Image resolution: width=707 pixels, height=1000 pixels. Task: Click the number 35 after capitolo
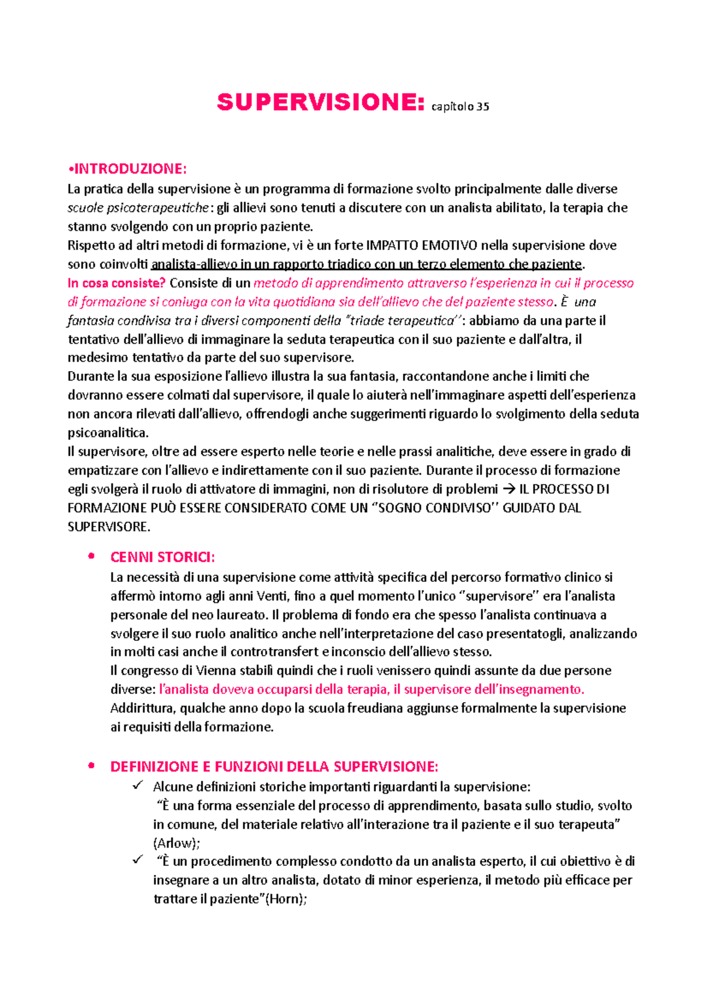click(x=483, y=107)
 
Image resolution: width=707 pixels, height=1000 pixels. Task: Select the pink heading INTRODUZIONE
click(x=129, y=169)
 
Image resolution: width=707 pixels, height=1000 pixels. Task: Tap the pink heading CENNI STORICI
click(x=163, y=557)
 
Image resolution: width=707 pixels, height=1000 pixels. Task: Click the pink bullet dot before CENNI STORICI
click(x=91, y=556)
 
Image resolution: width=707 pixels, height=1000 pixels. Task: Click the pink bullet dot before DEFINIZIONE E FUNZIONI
click(x=91, y=766)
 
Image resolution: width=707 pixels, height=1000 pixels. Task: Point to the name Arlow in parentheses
click(x=176, y=843)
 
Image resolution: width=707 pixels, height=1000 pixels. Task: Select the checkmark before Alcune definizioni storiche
click(x=138, y=786)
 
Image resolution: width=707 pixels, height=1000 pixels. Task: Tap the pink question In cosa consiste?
click(x=117, y=283)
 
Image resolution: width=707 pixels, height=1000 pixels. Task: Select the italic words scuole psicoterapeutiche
click(x=138, y=207)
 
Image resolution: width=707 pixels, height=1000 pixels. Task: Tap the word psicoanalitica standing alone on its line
click(x=107, y=432)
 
